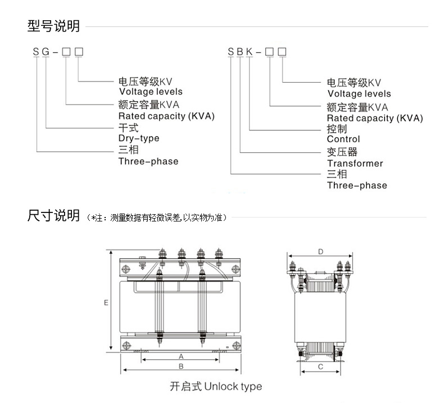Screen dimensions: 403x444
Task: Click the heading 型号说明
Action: coord(53,26)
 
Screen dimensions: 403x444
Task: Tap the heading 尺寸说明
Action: coord(53,216)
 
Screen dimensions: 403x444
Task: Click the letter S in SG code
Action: coord(37,52)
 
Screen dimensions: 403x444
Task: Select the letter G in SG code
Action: coord(46,52)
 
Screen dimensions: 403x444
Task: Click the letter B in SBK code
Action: coord(240,52)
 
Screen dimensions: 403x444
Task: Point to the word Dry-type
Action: coord(139,138)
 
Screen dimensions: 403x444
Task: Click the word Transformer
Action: coord(355,164)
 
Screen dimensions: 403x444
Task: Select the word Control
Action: coord(343,139)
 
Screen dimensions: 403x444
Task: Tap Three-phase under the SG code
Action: coord(148,161)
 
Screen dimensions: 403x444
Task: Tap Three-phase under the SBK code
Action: coord(357,185)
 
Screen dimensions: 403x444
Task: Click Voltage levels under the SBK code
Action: coord(359,94)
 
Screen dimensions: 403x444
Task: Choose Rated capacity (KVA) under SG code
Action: coord(166,116)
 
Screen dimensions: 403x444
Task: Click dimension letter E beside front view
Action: coord(106,302)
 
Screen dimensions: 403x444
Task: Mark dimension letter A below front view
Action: coord(181,356)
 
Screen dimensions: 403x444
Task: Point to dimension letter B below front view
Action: coord(181,366)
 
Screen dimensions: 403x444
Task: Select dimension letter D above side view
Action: coord(320,252)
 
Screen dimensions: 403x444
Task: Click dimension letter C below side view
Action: coord(320,367)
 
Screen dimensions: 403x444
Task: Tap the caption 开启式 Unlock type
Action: coord(216,387)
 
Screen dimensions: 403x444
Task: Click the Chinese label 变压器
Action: coord(342,152)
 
